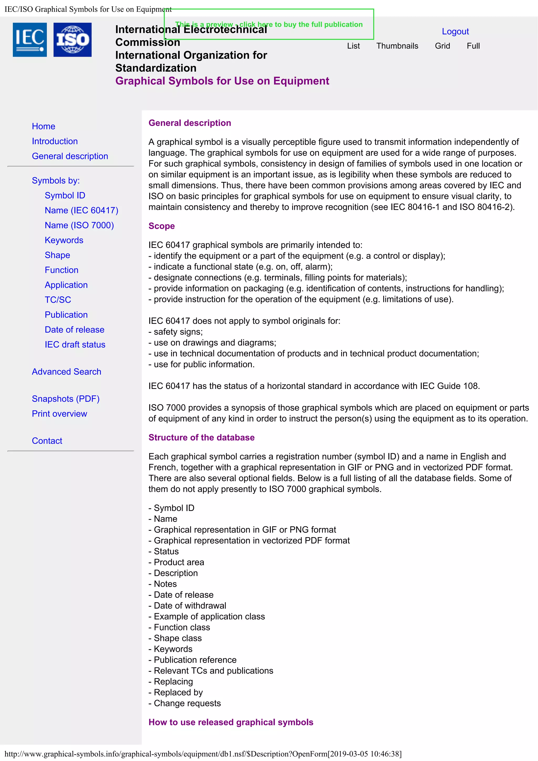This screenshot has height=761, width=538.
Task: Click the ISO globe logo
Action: point(72,40)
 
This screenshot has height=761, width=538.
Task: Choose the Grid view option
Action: point(442,46)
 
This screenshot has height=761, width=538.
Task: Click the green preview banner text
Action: point(268,24)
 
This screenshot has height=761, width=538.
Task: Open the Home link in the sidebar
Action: point(43,126)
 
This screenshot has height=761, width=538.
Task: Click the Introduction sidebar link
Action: point(55,141)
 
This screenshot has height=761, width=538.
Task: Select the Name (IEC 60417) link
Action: point(81,210)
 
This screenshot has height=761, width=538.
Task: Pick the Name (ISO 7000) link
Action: point(79,225)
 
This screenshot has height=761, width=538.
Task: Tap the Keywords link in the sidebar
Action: point(64,240)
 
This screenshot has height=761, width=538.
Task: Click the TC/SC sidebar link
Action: point(58,300)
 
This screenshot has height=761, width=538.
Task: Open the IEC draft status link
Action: point(75,345)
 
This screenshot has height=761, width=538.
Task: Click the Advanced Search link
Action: point(66,372)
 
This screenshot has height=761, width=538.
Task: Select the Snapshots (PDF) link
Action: point(66,399)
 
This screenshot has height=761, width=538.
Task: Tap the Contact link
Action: point(47,441)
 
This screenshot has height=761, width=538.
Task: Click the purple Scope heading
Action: point(162,226)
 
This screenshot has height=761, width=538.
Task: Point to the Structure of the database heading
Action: point(201,437)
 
